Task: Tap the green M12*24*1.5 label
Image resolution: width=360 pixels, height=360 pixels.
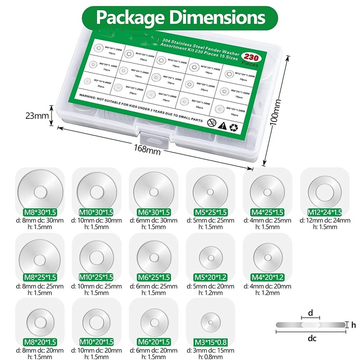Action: pyautogui.click(x=324, y=212)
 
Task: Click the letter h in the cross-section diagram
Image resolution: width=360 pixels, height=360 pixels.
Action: pyautogui.click(x=353, y=324)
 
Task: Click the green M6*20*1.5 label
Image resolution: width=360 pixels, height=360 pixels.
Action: pyautogui.click(x=153, y=342)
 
